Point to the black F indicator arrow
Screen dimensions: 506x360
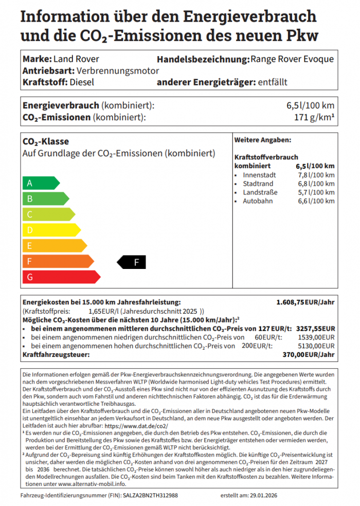click(x=132, y=262)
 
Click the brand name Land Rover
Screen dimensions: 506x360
click(x=76, y=59)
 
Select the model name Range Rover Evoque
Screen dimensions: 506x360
click(x=292, y=59)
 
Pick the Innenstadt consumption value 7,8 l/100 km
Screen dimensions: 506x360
click(x=316, y=175)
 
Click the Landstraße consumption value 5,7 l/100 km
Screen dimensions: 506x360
click(x=316, y=192)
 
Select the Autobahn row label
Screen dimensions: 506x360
click(x=258, y=201)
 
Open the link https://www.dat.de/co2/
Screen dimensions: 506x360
click(x=136, y=426)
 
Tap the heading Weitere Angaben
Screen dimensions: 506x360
click(x=262, y=140)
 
